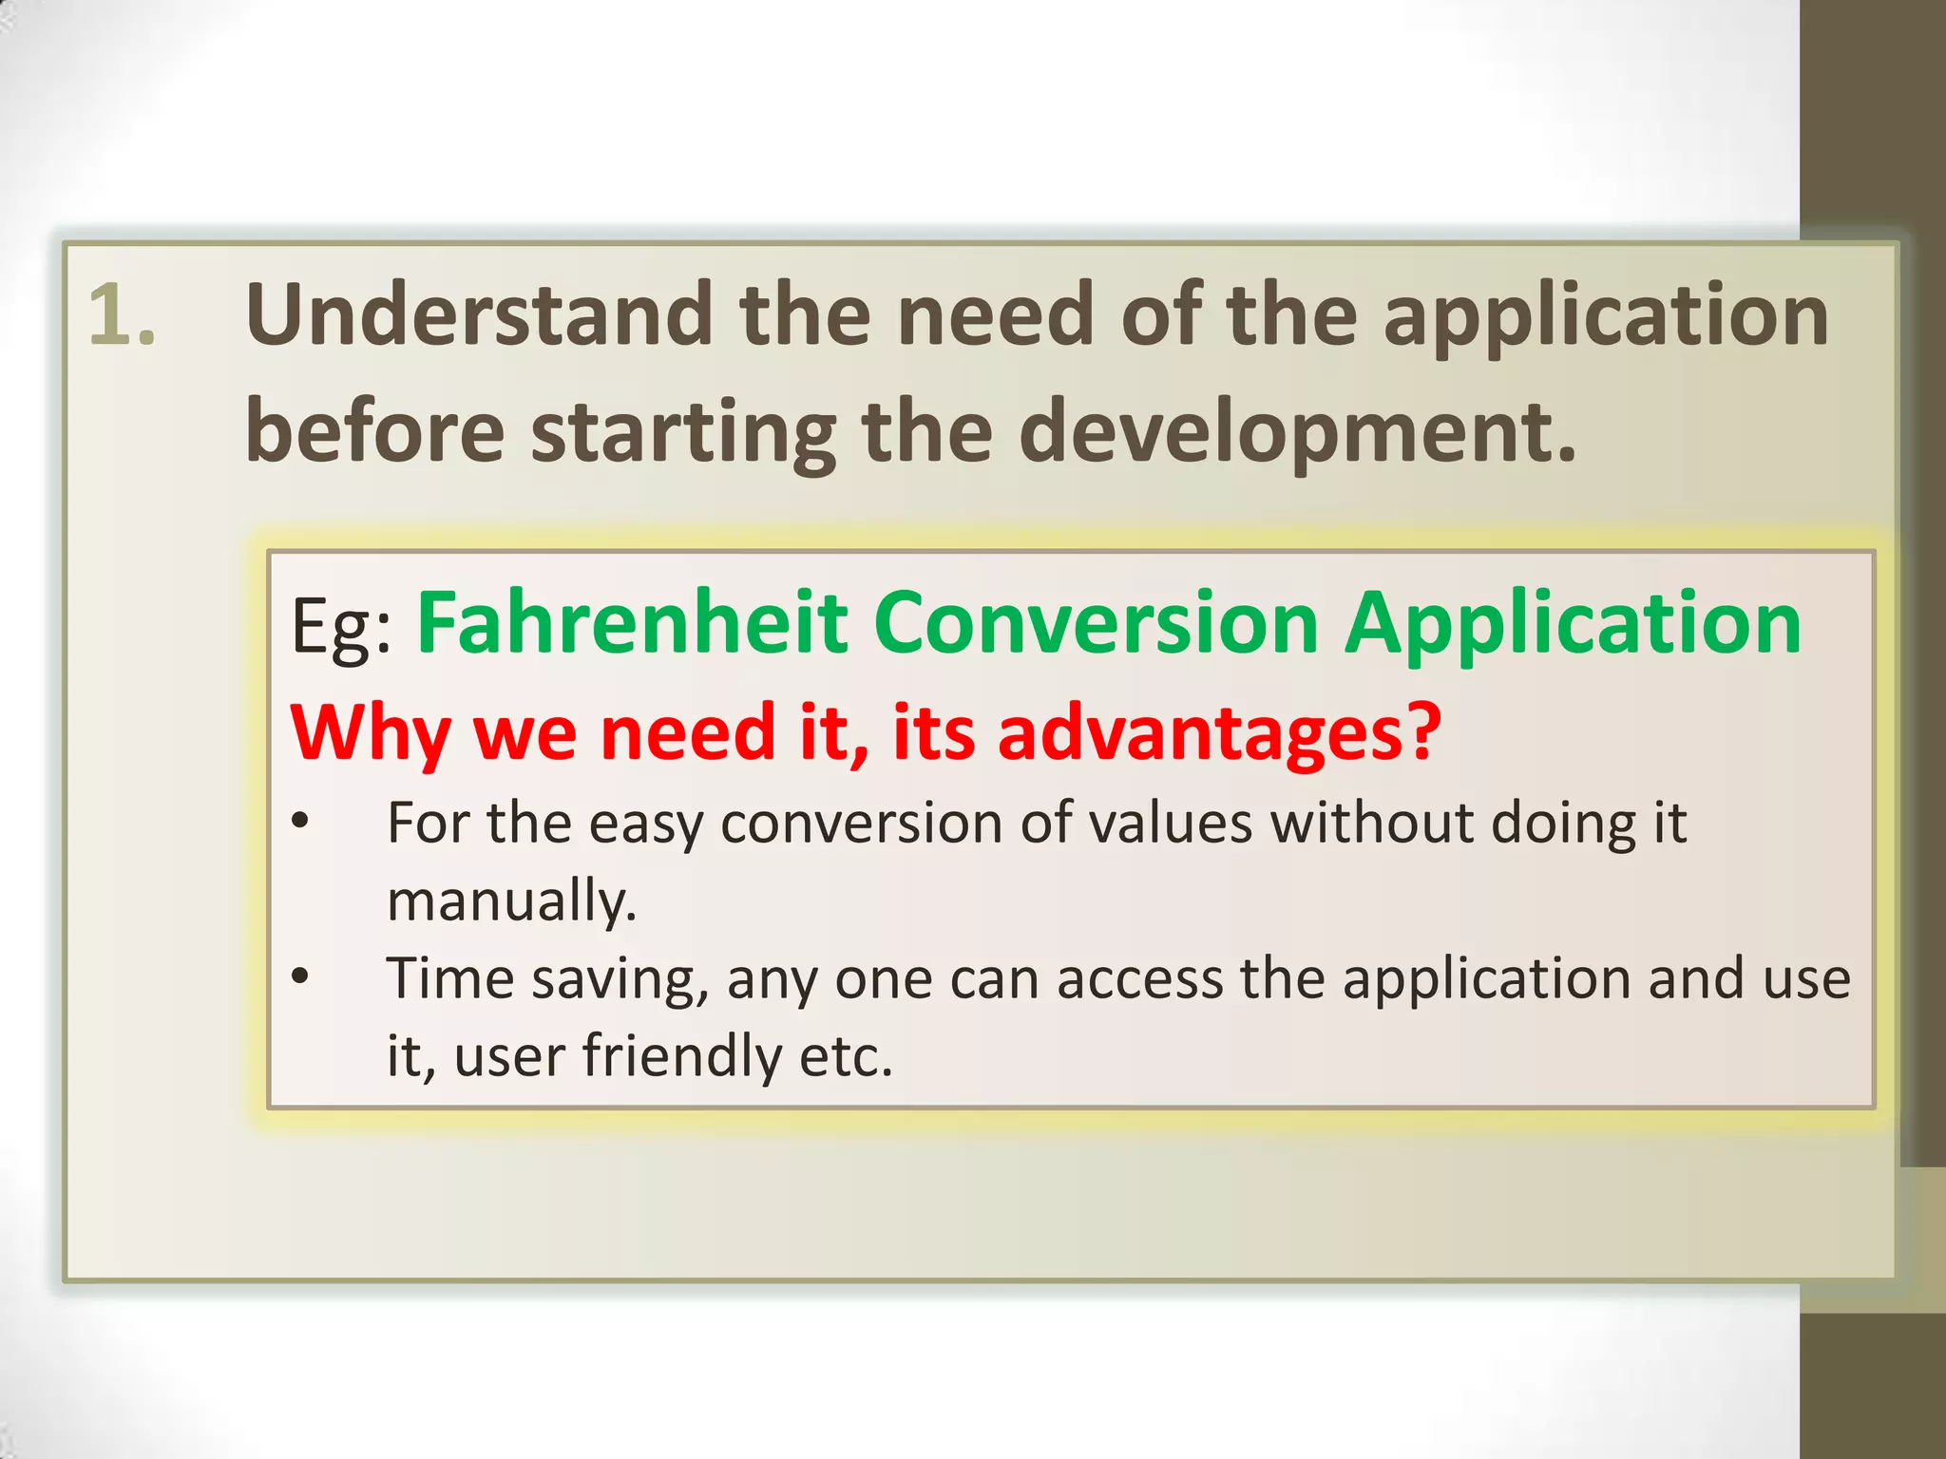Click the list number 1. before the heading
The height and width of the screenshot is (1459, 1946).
[x=122, y=315]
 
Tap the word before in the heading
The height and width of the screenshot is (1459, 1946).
[x=374, y=431]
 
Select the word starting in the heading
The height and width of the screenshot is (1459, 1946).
[x=683, y=433]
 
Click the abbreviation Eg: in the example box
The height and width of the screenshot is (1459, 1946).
[x=341, y=627]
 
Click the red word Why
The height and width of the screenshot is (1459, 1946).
[x=371, y=734]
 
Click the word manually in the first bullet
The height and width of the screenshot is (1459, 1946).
[x=510, y=900]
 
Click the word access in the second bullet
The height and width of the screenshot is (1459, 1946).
[x=1139, y=979]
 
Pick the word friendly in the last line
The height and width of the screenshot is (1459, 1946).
[x=682, y=1055]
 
